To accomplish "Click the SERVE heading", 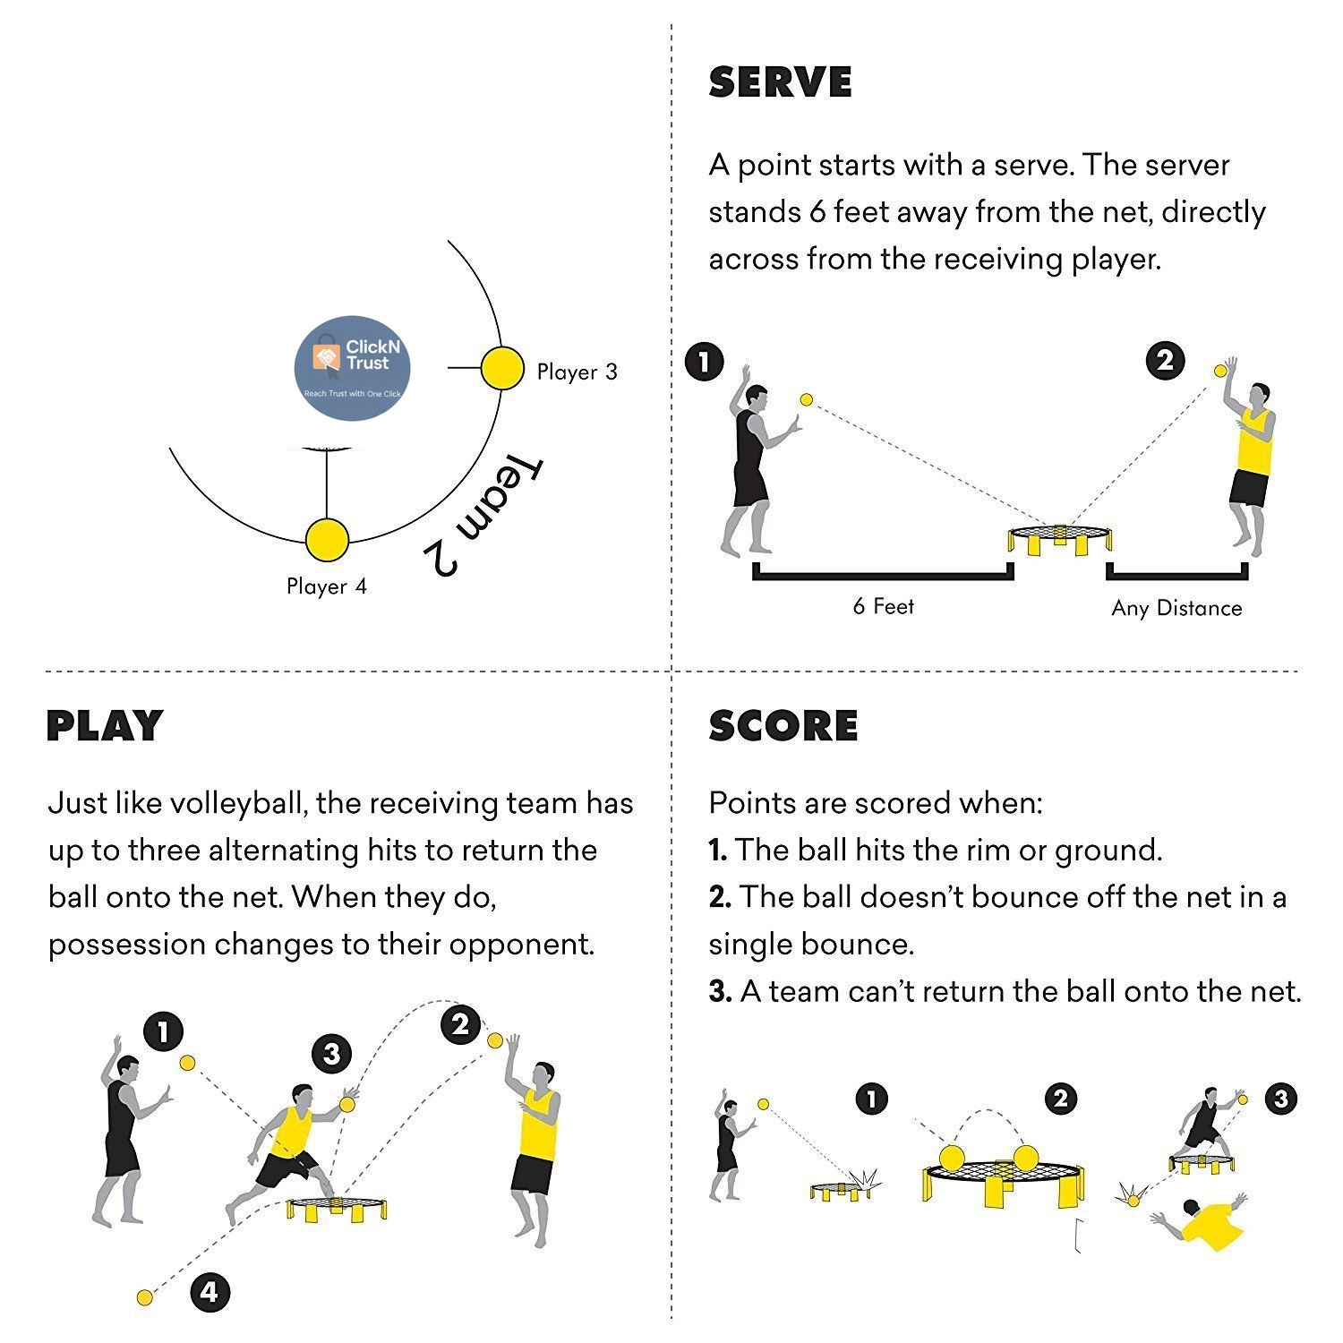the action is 780,82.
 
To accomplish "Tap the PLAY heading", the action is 105,725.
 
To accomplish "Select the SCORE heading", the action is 783,725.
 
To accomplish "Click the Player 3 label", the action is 577,372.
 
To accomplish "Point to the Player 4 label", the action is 327,586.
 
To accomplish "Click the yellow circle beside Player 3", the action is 502,368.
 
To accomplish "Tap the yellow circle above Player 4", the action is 327,540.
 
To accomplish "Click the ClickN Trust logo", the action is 353,368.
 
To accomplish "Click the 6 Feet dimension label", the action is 884,606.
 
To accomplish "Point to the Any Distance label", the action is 1176,608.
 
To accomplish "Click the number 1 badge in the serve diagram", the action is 705,362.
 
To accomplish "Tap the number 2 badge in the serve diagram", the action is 1165,361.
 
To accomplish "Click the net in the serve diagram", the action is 1060,538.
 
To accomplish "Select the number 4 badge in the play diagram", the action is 210,1292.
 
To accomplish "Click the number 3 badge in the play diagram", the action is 332,1054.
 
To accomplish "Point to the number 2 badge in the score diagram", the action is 1061,1099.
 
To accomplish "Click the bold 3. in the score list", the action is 720,992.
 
